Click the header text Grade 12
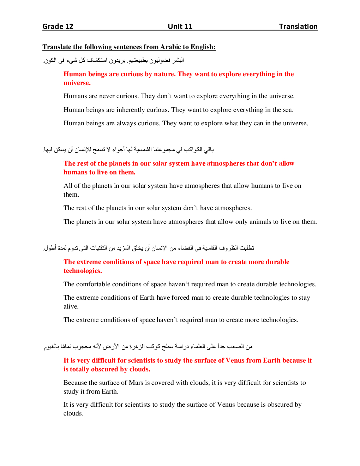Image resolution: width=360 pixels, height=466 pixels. pyautogui.click(x=58, y=26)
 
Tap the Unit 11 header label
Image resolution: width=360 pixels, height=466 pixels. pyautogui.click(x=180, y=26)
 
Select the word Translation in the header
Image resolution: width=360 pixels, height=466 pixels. pyautogui.click(x=298, y=26)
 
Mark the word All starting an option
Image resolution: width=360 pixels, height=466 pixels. pyautogui.click(x=68, y=186)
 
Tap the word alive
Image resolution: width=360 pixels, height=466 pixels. pyautogui.click(x=71, y=306)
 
